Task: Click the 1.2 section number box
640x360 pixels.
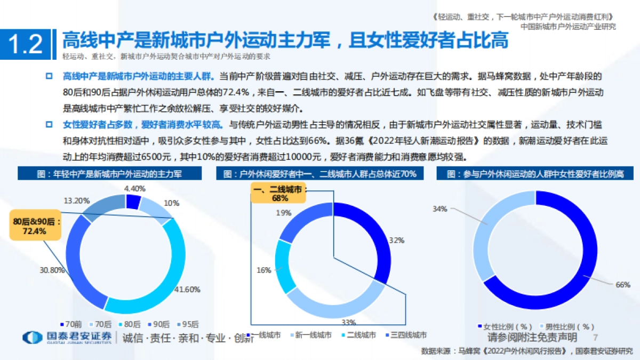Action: (x=26, y=44)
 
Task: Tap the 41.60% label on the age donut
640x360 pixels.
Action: (x=188, y=290)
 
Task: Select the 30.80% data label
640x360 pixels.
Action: (x=52, y=270)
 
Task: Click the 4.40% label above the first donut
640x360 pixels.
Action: (x=135, y=188)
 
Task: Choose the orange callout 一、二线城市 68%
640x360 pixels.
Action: (x=278, y=194)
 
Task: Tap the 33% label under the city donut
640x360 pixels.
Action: (x=348, y=322)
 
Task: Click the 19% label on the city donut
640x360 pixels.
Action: (x=284, y=213)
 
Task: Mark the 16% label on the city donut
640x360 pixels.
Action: (x=264, y=270)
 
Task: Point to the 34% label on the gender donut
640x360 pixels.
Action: (x=440, y=209)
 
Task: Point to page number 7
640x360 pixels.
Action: (x=596, y=338)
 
